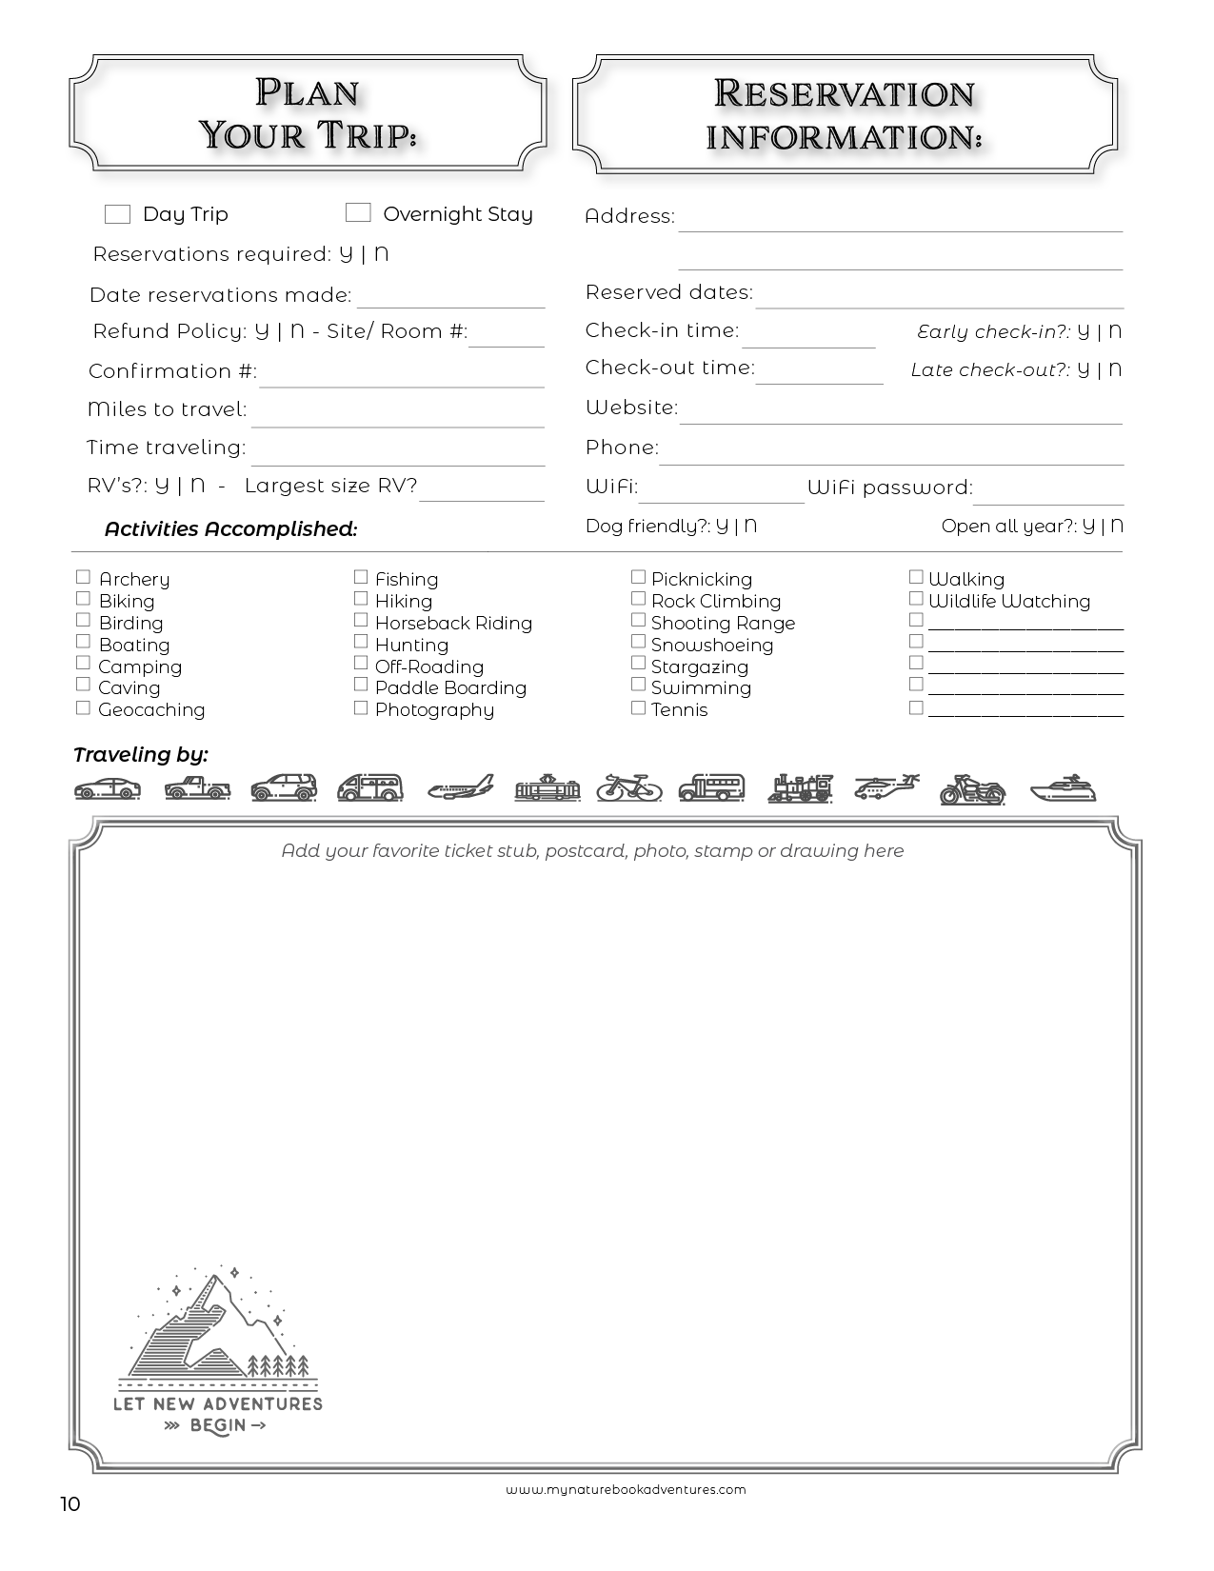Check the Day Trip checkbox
[x=117, y=214]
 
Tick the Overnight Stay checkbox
[x=358, y=212]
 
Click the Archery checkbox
[x=83, y=577]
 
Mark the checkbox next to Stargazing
[x=638, y=664]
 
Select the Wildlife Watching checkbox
[x=916, y=599]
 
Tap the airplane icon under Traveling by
[x=461, y=787]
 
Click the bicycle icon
[x=629, y=787]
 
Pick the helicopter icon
[x=886, y=787]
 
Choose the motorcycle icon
[x=972, y=789]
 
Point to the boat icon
[x=1063, y=789]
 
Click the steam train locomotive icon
[x=800, y=788]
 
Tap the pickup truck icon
[x=197, y=788]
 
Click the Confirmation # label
[x=172, y=371]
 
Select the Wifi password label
[x=889, y=487]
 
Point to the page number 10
[x=70, y=1504]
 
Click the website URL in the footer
[x=626, y=1490]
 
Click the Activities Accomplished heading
[x=230, y=529]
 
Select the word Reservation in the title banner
[x=845, y=93]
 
